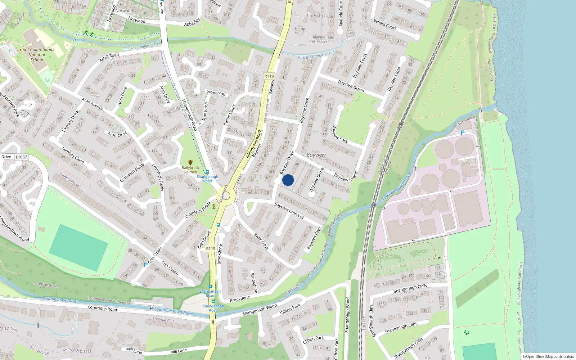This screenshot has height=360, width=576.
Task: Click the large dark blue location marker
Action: (x=288, y=180)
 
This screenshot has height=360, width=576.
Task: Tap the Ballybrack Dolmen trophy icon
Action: (x=190, y=163)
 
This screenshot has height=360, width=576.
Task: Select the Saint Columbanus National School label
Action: (x=37, y=55)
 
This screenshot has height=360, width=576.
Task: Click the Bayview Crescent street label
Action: (x=289, y=211)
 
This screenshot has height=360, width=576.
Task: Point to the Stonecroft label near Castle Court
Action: (x=216, y=93)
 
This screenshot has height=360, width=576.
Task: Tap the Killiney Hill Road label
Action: (x=253, y=144)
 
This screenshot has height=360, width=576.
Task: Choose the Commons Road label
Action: (x=102, y=309)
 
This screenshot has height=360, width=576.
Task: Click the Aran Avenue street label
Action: (x=93, y=104)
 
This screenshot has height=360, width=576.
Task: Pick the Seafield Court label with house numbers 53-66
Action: (x=384, y=24)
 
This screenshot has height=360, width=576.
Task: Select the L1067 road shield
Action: (x=21, y=157)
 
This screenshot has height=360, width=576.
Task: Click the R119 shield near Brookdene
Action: (x=211, y=249)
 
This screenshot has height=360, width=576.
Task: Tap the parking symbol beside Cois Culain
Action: (x=145, y=265)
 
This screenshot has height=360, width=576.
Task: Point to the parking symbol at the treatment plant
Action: (x=463, y=133)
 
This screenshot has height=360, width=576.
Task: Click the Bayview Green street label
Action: (x=351, y=86)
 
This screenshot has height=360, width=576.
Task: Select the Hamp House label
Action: (x=300, y=31)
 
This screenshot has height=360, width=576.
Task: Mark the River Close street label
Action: (x=261, y=241)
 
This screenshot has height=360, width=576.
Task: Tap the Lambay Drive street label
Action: (x=70, y=121)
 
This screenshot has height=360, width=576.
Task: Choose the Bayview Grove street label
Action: (x=316, y=179)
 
